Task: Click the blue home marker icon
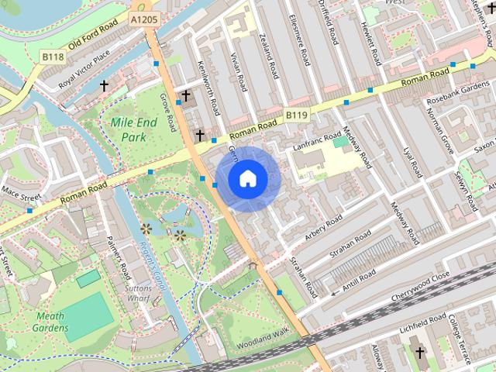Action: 247,178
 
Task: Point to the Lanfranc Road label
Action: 319,144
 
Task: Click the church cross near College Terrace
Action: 419,353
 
